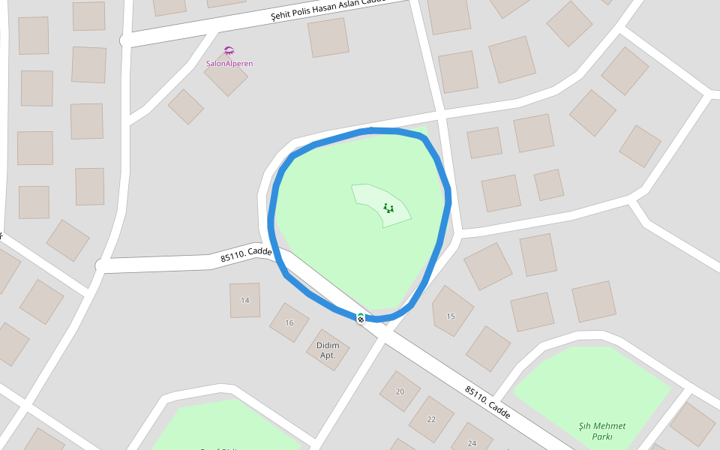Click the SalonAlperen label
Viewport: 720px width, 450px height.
click(x=229, y=64)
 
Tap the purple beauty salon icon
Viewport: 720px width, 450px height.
click(x=229, y=51)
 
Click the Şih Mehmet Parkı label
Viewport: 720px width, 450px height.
click(x=601, y=431)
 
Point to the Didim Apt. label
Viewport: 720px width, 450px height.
click(x=328, y=350)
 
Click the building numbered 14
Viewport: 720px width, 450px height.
click(x=244, y=300)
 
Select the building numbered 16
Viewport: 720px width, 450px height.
click(x=289, y=323)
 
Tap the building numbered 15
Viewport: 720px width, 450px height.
click(x=451, y=310)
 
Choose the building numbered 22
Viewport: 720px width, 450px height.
click(x=431, y=418)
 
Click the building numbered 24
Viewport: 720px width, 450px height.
click(x=471, y=440)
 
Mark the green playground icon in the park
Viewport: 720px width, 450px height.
click(x=388, y=208)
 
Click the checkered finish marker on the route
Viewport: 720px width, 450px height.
click(x=361, y=318)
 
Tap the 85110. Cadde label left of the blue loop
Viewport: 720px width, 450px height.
click(x=246, y=255)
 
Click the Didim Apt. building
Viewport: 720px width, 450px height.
click(x=328, y=349)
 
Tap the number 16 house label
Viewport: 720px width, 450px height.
click(x=289, y=323)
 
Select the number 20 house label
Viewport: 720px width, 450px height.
click(x=400, y=391)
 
